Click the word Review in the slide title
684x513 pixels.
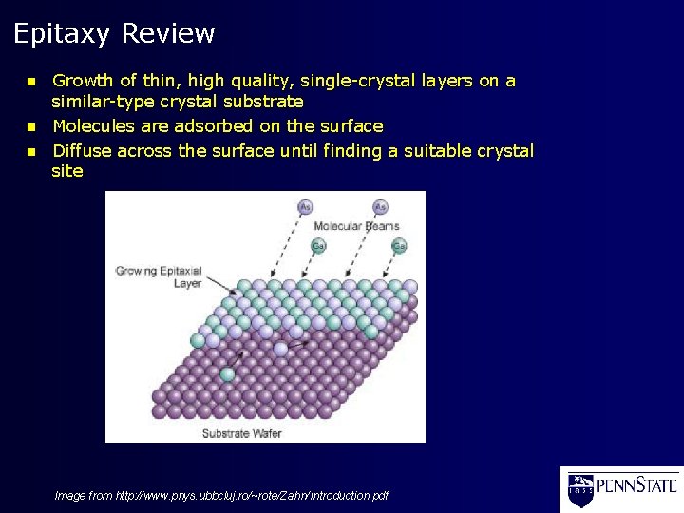point(168,34)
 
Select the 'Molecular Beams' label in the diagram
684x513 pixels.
point(356,226)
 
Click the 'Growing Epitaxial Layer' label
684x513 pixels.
point(159,276)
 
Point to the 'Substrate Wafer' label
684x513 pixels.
point(241,433)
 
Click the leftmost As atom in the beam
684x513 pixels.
point(305,206)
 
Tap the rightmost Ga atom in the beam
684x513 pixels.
point(399,246)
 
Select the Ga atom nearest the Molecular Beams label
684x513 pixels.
point(319,246)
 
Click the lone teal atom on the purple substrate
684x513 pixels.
point(227,374)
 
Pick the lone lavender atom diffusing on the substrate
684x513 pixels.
point(280,349)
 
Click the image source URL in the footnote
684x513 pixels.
point(252,495)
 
